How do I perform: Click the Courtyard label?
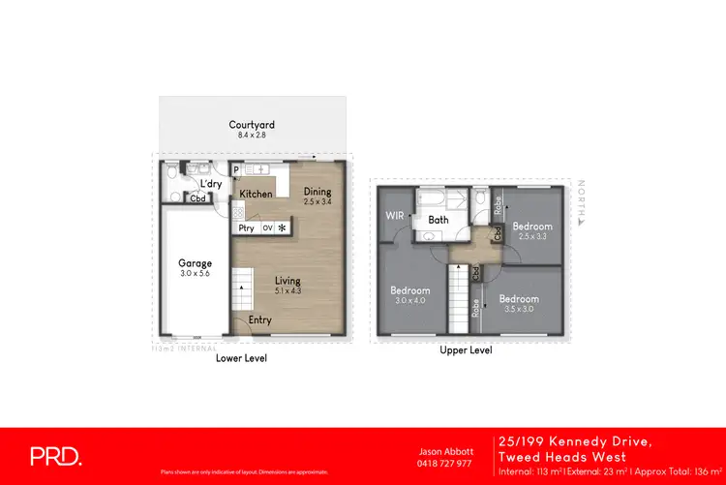click(x=252, y=125)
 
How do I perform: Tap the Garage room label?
click(x=194, y=262)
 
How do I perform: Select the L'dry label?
click(x=211, y=184)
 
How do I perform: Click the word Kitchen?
click(x=256, y=195)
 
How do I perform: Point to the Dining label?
click(x=318, y=191)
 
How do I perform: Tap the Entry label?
click(x=259, y=320)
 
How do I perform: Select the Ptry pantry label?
click(x=246, y=228)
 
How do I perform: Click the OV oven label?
click(x=267, y=228)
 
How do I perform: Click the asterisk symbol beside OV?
click(x=283, y=228)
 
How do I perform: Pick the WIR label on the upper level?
click(x=395, y=215)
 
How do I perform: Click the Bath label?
click(x=438, y=221)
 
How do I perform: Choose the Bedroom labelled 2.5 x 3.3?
click(x=533, y=227)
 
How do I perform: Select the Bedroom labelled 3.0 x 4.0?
click(x=409, y=290)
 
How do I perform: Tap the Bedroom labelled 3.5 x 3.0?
click(x=519, y=299)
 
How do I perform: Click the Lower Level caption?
click(x=242, y=358)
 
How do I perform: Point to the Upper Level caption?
click(x=466, y=350)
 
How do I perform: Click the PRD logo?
click(x=54, y=455)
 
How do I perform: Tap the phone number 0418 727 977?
click(x=444, y=463)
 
